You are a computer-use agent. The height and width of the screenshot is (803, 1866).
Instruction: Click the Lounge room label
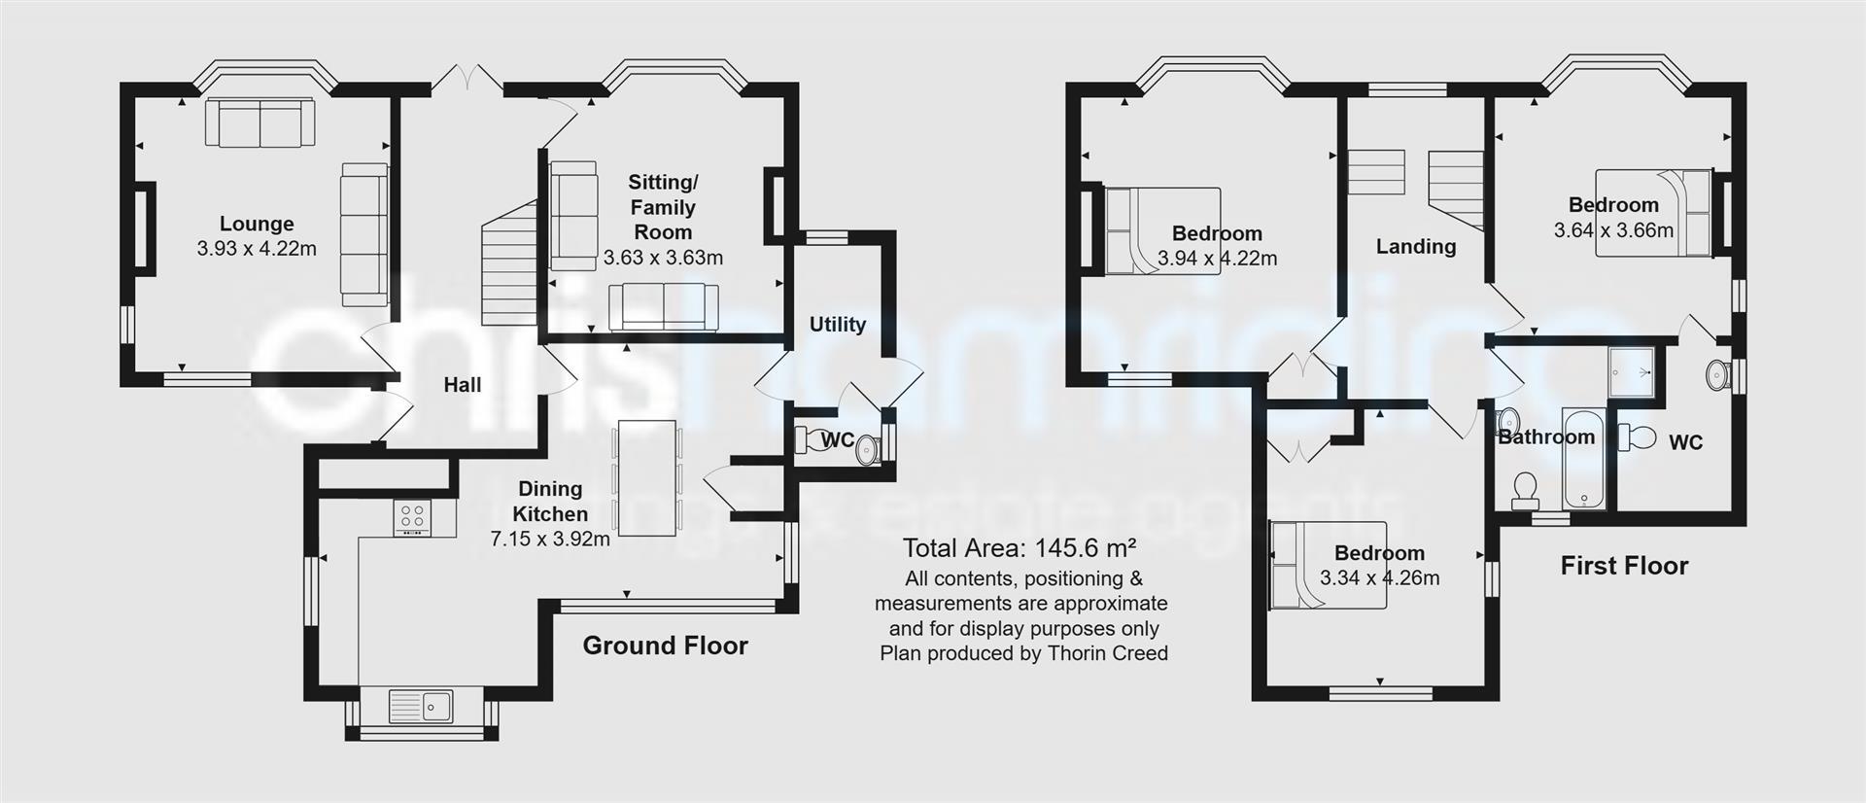256,224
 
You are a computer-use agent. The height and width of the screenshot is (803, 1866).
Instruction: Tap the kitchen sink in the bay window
421,707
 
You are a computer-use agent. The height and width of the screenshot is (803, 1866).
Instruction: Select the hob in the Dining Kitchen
412,517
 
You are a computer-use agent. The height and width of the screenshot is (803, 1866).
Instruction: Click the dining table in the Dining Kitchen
646,477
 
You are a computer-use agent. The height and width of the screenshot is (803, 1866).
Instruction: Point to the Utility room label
837,325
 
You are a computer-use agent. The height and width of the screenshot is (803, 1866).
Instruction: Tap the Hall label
463,385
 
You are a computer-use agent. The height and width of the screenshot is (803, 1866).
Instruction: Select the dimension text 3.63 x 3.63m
663,258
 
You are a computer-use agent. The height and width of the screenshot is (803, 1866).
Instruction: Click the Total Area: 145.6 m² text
1019,547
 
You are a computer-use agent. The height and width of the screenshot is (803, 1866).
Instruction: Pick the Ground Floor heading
665,646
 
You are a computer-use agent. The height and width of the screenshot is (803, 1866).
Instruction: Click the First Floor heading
1624,566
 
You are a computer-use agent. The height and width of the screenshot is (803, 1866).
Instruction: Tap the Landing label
1415,247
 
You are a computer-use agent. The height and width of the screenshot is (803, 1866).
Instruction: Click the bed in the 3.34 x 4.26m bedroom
1327,565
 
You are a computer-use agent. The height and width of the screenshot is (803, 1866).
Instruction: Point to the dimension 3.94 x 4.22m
1217,259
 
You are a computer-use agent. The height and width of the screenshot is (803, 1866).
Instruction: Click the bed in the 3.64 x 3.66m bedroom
1652,212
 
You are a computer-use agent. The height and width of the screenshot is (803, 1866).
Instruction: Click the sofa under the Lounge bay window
260,122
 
